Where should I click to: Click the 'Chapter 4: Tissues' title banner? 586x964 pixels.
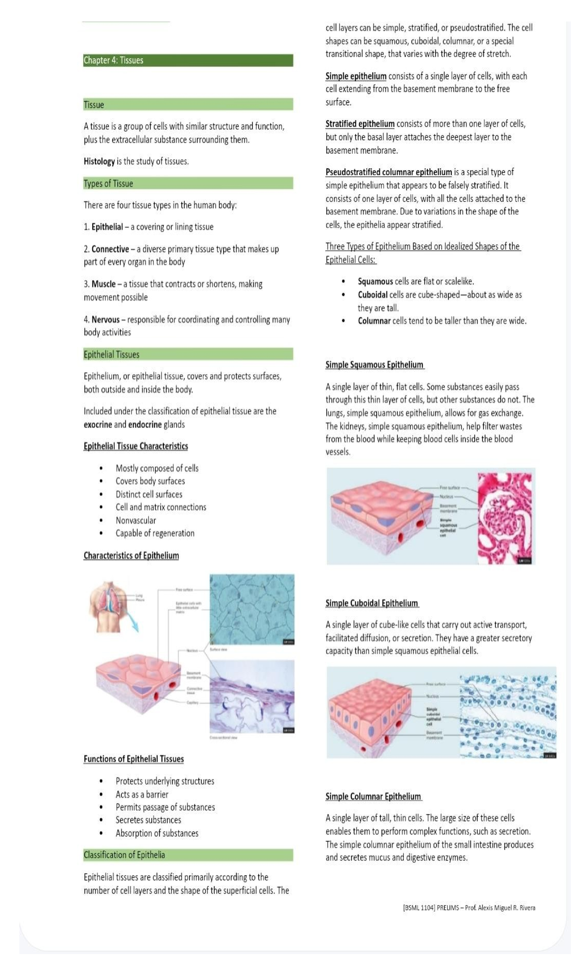coord(188,60)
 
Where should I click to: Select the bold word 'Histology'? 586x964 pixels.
coord(99,161)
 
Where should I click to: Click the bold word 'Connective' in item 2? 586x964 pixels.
coord(110,249)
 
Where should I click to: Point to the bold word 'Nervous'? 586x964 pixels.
coord(105,320)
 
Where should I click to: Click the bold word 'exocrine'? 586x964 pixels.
coord(98,425)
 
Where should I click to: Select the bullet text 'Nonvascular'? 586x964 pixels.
coord(136,521)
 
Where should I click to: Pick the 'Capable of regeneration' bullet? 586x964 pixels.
coord(155,533)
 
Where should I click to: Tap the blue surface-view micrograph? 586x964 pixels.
coord(252,610)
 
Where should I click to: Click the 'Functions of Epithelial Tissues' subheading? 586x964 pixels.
coord(134,759)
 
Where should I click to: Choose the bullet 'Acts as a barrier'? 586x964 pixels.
coord(142,795)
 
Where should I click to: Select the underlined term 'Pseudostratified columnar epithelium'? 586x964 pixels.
coord(389,172)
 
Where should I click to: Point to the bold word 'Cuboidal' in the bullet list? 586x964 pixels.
coord(373,295)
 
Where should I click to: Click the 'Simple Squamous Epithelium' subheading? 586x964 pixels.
coord(375,365)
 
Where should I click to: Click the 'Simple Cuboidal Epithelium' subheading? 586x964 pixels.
coord(372,603)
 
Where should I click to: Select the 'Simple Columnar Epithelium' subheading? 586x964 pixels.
coord(373,797)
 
